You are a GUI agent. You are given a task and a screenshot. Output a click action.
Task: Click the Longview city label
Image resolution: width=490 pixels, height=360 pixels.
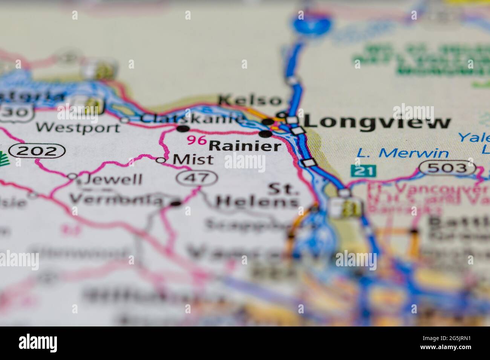point(377,122)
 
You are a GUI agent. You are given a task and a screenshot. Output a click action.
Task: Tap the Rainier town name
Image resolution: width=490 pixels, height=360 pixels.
point(245,146)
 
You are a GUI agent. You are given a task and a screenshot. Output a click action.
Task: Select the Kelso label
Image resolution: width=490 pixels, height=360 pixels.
point(250,101)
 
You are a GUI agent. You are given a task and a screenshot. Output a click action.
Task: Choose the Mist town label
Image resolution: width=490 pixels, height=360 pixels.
point(193,160)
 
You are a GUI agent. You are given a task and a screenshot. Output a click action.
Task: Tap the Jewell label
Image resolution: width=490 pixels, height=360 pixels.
point(110,179)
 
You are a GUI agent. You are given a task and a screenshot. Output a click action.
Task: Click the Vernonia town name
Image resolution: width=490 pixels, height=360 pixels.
point(116,199)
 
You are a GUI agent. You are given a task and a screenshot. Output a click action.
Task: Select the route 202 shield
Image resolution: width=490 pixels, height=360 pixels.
point(37,151)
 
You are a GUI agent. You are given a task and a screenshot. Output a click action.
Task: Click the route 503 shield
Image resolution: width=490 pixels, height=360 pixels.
point(448,168)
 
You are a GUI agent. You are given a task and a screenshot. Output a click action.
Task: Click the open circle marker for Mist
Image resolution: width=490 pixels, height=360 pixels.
point(161,160)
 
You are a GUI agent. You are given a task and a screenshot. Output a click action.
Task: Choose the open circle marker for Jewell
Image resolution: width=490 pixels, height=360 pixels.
point(72,176)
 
